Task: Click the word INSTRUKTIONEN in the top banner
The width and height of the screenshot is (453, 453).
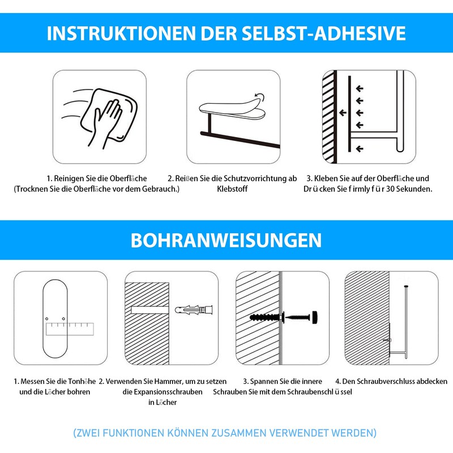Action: [x=121, y=33]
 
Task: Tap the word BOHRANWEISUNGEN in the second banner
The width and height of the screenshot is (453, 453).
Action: [x=226, y=240]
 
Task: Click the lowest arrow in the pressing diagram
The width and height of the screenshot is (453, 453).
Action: [x=360, y=149]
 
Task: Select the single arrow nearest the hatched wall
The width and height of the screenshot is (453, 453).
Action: [x=343, y=113]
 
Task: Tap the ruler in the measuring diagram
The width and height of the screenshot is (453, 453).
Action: [x=70, y=329]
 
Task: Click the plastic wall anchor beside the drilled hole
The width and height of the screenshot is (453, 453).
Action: [x=194, y=310]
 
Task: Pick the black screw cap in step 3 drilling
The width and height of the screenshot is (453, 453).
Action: [x=314, y=317]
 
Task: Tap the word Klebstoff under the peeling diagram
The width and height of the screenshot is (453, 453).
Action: [x=232, y=189]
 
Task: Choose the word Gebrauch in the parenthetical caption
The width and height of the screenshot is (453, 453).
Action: [x=159, y=189]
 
